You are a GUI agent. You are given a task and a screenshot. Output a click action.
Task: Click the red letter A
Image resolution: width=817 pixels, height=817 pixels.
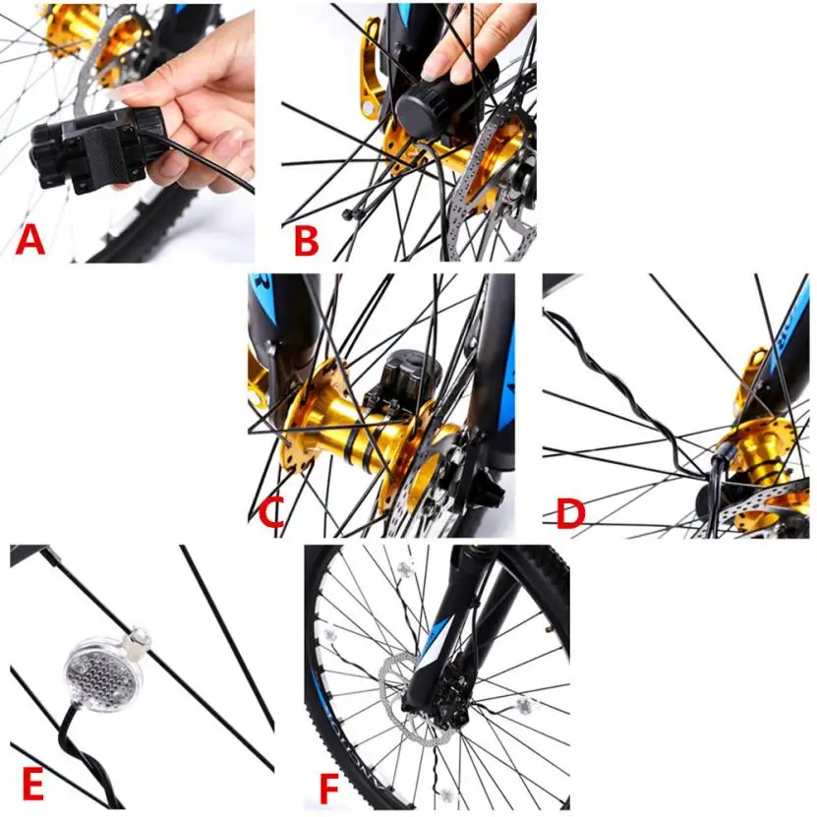(30, 240)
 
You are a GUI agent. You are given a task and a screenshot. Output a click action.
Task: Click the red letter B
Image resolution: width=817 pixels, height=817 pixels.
(307, 240)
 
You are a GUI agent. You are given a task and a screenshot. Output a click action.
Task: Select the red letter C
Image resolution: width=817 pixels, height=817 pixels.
(271, 511)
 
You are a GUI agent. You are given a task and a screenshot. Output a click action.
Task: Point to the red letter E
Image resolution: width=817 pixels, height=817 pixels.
(33, 784)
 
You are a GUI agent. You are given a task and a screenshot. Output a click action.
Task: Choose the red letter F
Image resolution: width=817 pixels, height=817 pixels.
(328, 788)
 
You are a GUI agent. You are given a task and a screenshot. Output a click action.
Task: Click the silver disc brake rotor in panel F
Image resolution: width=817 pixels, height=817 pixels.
(412, 698)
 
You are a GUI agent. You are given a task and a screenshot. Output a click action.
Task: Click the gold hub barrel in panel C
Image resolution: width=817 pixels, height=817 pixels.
(360, 428)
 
